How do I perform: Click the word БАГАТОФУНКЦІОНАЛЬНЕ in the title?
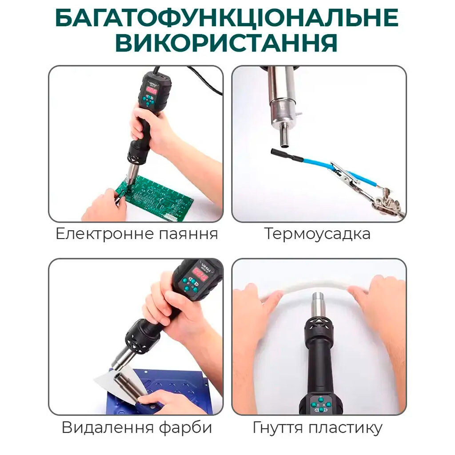[x=227, y=17]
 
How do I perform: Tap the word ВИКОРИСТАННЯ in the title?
[x=226, y=43]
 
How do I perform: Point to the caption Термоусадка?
[x=317, y=234]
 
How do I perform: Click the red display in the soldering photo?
[x=151, y=91]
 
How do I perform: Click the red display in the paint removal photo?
[x=200, y=274]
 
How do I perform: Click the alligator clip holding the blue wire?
[x=346, y=174]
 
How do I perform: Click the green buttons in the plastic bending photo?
[x=321, y=404]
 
